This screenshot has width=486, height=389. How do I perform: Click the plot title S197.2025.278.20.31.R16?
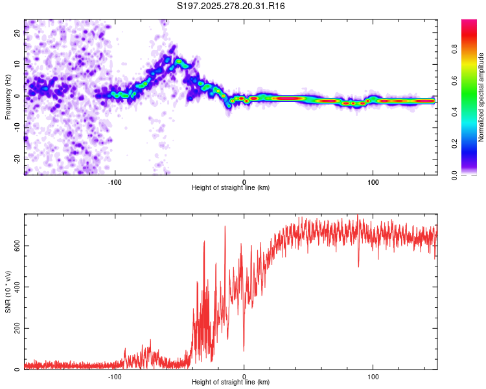231,6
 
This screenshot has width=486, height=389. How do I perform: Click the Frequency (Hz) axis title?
8,97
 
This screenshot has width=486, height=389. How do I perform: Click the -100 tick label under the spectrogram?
115,181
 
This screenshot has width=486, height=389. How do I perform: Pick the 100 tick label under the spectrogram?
373,181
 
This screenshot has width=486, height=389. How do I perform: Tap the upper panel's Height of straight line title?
231,188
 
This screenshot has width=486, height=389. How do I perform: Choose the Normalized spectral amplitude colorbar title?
481,97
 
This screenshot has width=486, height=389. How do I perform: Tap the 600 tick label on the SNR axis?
16,245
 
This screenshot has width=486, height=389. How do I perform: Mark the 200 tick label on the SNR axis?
16,328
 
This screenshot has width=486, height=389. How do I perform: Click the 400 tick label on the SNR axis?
16,287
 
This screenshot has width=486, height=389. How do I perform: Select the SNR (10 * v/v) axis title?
8,292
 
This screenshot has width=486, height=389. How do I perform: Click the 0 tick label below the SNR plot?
244,375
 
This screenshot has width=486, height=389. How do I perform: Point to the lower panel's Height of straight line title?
231,383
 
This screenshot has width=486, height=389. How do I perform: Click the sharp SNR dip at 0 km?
244,350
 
